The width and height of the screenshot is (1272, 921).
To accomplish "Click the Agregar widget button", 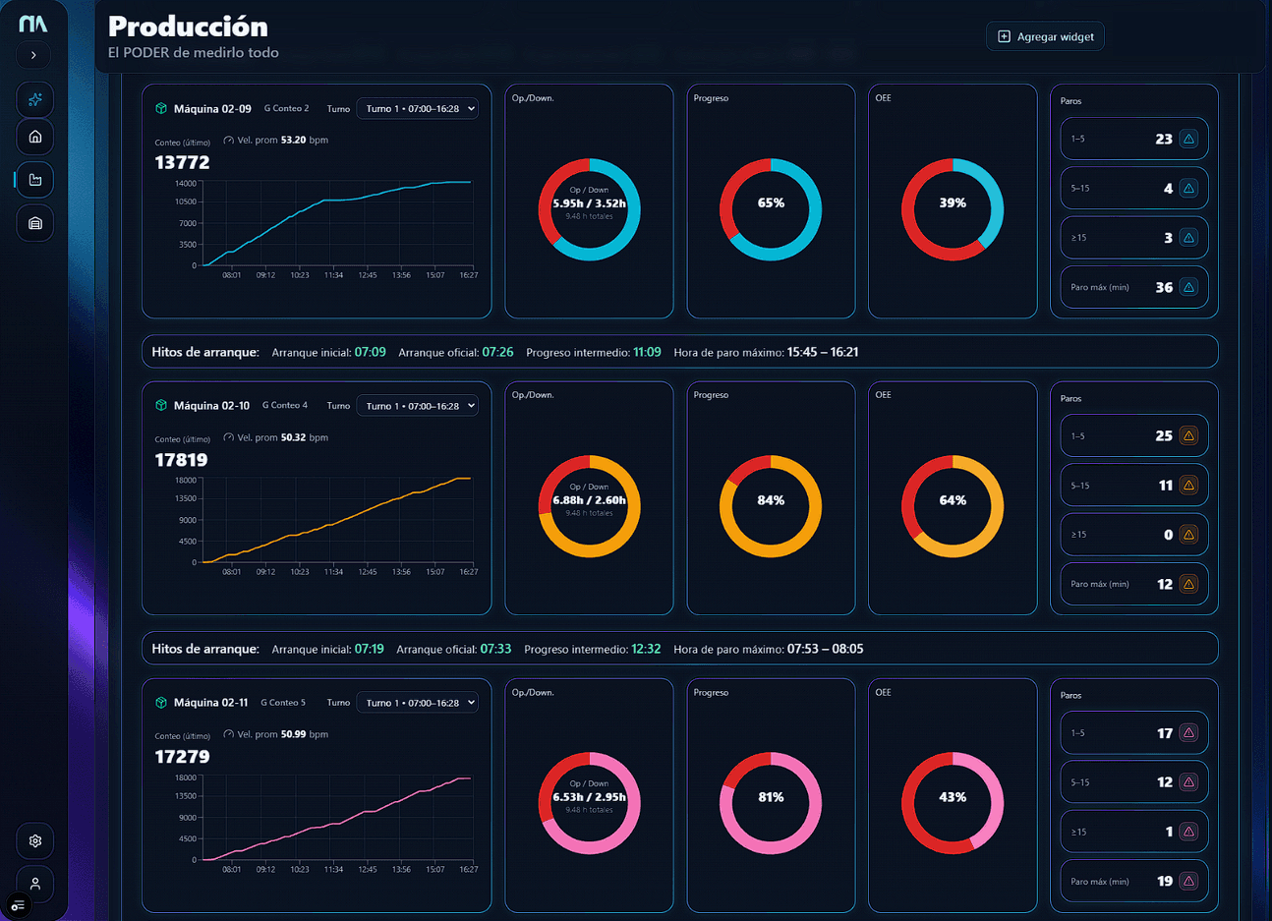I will [1045, 36].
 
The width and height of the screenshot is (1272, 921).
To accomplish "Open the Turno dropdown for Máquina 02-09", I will [418, 109].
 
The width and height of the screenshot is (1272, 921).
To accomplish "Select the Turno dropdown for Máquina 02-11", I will [418, 703].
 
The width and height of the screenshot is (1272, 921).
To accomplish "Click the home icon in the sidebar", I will [35, 137].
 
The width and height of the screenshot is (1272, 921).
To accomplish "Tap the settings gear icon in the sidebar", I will [35, 841].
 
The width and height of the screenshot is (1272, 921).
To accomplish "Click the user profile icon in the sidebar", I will [35, 884].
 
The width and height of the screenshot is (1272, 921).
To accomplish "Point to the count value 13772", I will [182, 162].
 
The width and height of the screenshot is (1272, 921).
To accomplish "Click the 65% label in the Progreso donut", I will [771, 203].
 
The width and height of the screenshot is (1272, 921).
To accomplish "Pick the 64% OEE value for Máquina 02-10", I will [953, 500].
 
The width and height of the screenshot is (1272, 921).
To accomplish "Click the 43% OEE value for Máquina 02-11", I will [953, 797].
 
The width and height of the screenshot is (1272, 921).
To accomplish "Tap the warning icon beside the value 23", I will [1188, 139].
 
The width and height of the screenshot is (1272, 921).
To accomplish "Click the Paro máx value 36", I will [1164, 288].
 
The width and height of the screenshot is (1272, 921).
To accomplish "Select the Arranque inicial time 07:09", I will [370, 352].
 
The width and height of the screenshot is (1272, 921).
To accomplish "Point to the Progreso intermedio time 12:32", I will [646, 649].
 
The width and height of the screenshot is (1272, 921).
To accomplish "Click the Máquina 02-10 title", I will [211, 406].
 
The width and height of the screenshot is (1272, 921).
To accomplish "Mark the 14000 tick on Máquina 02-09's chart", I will [186, 184].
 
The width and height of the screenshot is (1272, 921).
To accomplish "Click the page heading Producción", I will [188, 27].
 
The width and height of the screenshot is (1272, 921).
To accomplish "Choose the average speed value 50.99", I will [293, 734].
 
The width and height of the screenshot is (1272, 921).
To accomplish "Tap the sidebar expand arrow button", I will [33, 55].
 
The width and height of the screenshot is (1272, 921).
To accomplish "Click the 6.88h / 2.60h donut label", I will [589, 500].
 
